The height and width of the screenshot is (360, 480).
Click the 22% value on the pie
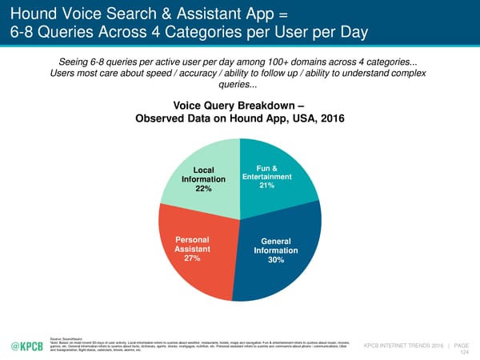click(203, 190)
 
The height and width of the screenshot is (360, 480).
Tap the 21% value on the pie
click(267, 186)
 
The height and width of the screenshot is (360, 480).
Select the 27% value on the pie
click(192, 258)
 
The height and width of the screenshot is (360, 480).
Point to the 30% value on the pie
click(275, 260)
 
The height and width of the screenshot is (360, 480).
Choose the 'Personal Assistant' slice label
click(191, 243)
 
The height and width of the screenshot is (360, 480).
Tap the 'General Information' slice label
click(275, 246)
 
